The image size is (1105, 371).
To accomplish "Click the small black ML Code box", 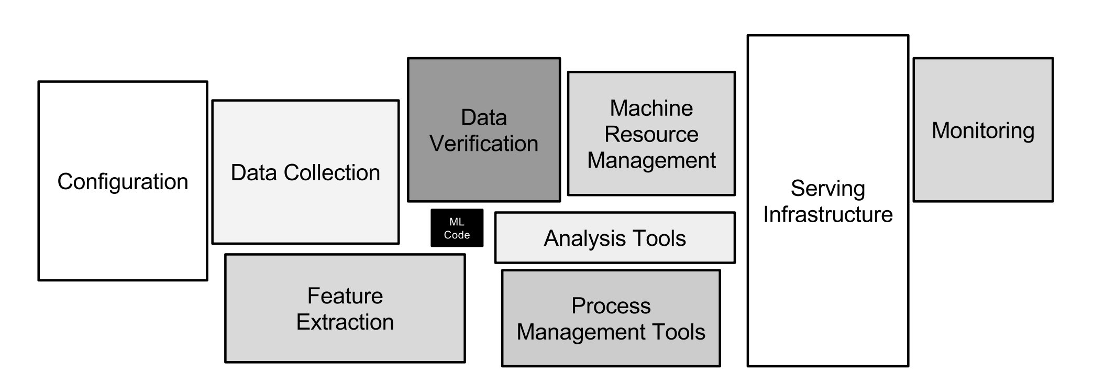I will point(457,228).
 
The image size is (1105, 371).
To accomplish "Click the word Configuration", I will point(123,182).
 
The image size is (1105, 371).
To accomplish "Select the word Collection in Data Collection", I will point(332,173).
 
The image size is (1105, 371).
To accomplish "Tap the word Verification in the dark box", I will point(484,144).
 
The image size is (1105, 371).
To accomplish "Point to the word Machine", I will point(651,108).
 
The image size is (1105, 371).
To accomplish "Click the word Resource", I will point(651,135).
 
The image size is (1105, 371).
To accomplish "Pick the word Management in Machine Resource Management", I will point(651,160).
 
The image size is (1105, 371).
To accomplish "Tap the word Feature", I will point(345,296).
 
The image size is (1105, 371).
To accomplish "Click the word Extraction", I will point(345,322).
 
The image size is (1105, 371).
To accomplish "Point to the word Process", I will point(611,306).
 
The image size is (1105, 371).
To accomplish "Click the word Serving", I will point(827,189).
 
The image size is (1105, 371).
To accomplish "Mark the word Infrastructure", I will point(827,214).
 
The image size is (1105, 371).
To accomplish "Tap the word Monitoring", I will point(982,131).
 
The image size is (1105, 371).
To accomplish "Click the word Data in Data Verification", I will point(483,117).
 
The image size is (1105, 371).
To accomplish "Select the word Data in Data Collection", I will point(254,173).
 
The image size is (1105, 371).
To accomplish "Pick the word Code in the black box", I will point(457,235).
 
